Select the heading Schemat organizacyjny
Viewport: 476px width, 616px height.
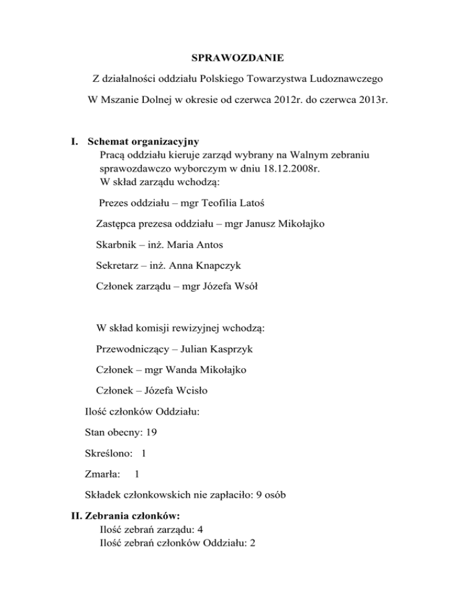click(x=143, y=141)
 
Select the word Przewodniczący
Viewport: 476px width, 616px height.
click(x=131, y=349)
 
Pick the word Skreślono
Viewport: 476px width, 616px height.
click(x=107, y=453)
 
